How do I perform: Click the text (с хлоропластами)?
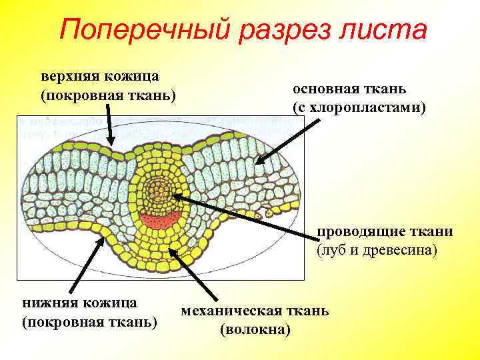tap(359, 107)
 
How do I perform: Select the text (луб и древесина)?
tap(377, 251)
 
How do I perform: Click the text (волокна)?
tap(255, 329)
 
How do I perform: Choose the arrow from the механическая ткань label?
tap(194, 273)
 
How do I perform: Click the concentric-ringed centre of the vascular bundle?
tap(159, 189)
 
